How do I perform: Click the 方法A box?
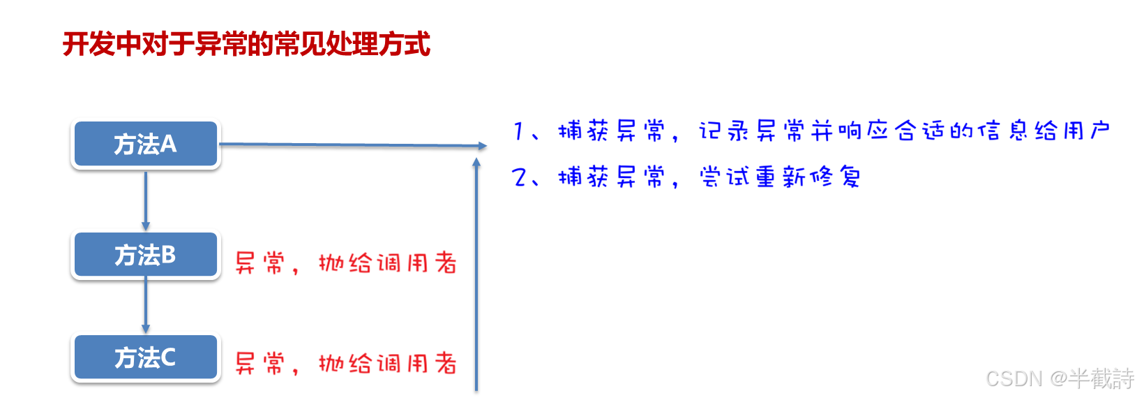point(145,144)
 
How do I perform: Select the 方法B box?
point(145,255)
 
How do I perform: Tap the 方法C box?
point(145,358)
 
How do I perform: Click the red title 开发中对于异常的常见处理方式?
point(246,44)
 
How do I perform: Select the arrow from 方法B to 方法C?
point(145,305)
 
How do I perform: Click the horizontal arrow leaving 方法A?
point(352,145)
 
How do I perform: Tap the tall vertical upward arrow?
point(476,272)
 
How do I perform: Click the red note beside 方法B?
point(345,262)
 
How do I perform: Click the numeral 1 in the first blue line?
point(518,131)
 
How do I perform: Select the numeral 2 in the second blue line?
point(520,177)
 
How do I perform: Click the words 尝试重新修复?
point(780,177)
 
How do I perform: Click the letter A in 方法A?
point(168,144)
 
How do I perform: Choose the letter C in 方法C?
point(167,358)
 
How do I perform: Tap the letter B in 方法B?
point(167,255)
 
